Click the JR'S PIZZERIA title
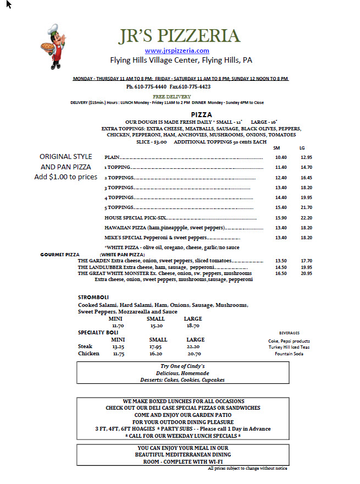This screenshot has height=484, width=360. click(180, 36)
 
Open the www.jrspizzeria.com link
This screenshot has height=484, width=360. click(177, 51)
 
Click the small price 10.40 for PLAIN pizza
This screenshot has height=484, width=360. click(280, 157)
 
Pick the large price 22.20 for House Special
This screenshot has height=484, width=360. click(306, 218)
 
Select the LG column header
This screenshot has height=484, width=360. click(302, 148)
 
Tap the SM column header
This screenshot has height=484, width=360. click(276, 148)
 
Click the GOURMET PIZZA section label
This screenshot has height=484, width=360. click(60, 255)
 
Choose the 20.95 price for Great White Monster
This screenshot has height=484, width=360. click(306, 273)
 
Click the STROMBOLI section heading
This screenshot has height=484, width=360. click(93, 298)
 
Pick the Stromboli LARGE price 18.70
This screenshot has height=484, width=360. click(193, 326)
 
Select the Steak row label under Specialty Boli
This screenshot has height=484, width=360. click(85, 346)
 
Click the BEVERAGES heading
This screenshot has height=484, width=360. click(290, 333)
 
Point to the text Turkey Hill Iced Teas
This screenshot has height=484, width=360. click(289, 347)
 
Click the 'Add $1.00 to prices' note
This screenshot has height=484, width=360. click(65, 177)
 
